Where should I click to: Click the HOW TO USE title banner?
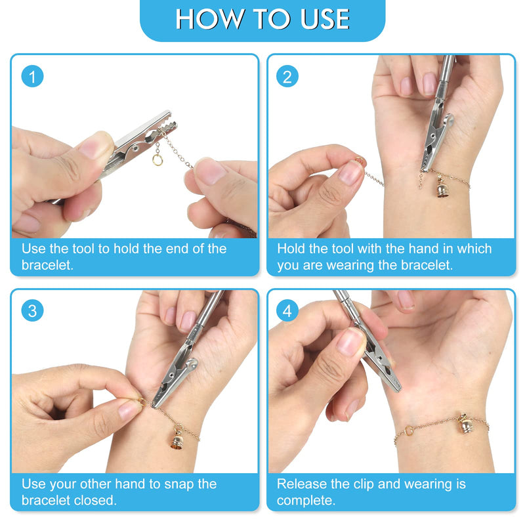(262, 20)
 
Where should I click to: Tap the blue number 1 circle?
(32, 76)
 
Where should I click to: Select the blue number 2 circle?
(287, 76)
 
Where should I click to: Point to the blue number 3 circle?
(32, 310)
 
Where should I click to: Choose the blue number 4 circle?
(287, 310)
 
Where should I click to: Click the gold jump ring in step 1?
(157, 160)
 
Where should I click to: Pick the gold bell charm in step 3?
(177, 438)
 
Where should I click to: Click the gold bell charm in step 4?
(465, 424)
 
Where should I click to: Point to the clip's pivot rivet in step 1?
(135, 148)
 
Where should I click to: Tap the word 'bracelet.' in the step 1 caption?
(47, 265)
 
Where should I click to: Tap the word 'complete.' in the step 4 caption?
(306, 501)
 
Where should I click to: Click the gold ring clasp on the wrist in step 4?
(409, 430)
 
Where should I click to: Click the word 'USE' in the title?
(325, 19)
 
